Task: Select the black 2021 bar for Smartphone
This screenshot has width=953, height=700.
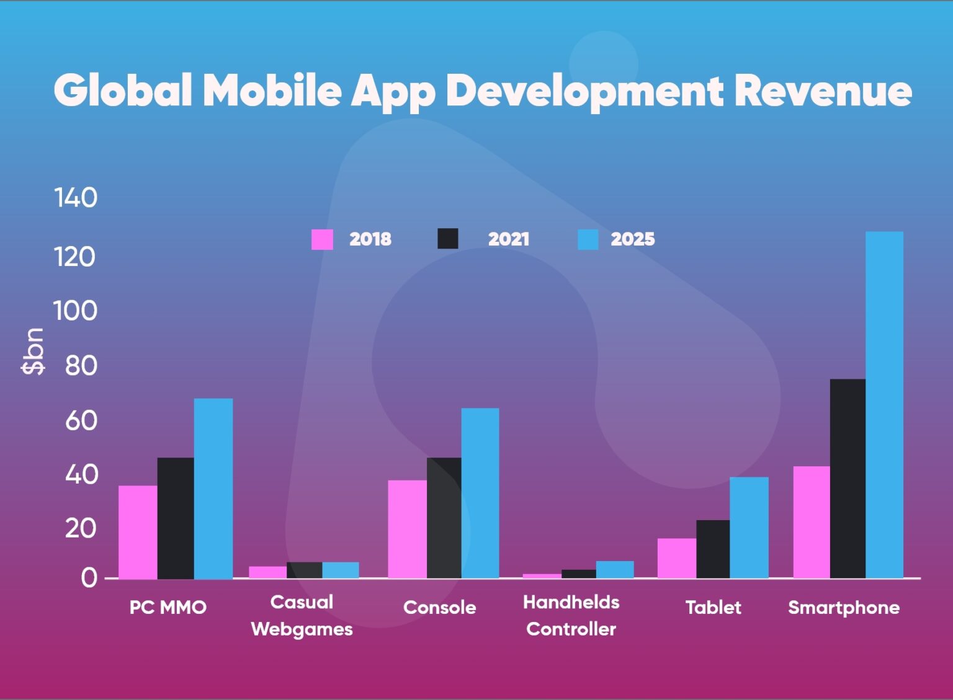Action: coord(848,479)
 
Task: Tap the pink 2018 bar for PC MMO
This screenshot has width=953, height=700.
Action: coord(138,532)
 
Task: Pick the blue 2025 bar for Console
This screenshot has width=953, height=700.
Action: coord(480,493)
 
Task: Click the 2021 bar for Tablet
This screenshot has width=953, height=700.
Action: coord(713,549)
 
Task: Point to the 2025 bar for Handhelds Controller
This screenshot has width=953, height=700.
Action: coord(615,569)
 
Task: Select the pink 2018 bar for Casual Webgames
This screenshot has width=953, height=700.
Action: coord(267,572)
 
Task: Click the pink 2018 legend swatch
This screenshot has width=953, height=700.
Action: coord(322,239)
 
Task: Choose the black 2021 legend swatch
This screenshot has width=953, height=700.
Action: coord(448,239)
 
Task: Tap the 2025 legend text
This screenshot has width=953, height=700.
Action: coord(632,239)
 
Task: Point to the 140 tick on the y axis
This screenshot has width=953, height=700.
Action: coord(76,198)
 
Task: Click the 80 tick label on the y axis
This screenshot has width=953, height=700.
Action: coord(81,366)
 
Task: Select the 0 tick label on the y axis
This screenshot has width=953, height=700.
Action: coord(89,578)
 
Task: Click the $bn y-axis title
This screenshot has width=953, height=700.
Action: coord(33,351)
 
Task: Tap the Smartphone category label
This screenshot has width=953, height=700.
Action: coord(843,607)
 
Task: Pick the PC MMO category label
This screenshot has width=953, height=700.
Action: coord(168,607)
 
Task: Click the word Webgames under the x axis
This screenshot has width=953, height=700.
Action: coord(302,629)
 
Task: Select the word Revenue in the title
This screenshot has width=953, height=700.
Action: coord(823,91)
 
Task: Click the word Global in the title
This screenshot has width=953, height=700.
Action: coord(123,91)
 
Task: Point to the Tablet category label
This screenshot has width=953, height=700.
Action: coord(713,607)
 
